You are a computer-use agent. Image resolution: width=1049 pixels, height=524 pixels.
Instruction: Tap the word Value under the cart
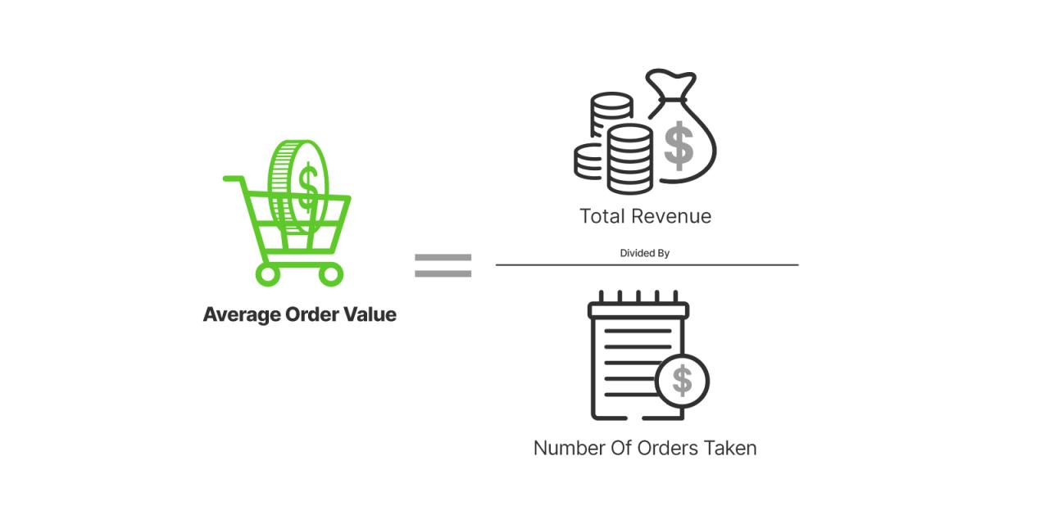[371, 314]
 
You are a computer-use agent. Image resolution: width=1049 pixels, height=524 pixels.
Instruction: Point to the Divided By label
[644, 253]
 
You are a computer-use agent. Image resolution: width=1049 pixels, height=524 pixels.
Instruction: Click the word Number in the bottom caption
[569, 448]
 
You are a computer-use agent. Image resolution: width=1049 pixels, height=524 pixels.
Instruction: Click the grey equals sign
[443, 264]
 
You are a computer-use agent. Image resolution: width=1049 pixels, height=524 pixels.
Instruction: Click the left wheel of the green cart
[268, 273]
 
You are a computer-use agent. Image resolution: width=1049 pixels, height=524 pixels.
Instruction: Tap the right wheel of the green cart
[330, 273]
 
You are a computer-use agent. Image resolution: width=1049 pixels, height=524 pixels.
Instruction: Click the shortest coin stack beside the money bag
[590, 162]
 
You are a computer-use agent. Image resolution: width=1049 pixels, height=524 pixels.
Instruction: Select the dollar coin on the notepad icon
[682, 381]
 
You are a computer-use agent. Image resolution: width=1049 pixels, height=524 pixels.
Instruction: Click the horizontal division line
[647, 265]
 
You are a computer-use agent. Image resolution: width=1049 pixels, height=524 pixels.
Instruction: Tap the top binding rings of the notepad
[638, 298]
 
